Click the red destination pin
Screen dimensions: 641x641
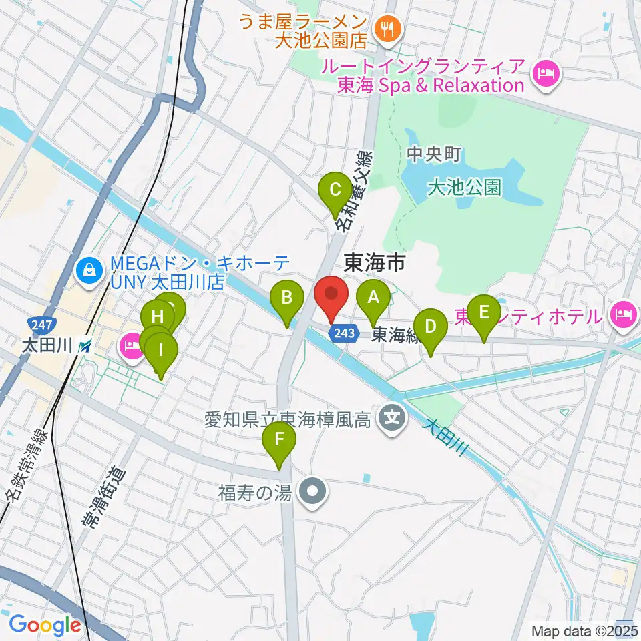[x=331, y=294]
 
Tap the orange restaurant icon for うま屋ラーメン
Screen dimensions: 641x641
[x=387, y=28]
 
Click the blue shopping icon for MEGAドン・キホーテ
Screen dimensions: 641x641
[x=87, y=270]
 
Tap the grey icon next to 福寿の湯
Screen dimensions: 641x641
[x=311, y=493]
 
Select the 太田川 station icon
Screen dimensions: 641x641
[x=84, y=346]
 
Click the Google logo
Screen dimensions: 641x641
[x=45, y=625]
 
